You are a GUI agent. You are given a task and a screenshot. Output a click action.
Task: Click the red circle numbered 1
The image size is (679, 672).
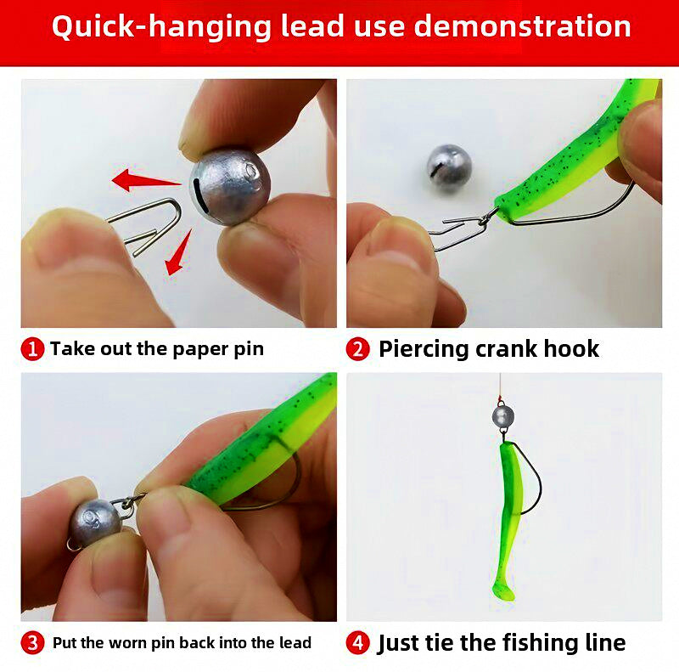tap(32, 349)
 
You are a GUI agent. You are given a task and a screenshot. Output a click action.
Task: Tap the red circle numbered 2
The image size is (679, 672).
tap(357, 349)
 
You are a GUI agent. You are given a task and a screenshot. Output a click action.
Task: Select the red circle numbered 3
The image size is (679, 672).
tap(32, 643)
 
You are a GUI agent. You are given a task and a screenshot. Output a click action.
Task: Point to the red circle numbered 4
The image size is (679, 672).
tap(357, 643)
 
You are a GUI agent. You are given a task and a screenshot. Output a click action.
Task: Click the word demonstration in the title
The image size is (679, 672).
tap(522, 26)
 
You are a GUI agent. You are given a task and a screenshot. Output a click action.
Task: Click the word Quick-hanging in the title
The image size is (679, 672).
tap(161, 28)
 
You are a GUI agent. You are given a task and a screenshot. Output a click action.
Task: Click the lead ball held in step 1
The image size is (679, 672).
tap(230, 185)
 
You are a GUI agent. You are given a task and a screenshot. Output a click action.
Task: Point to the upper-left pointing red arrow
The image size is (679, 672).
tap(145, 180)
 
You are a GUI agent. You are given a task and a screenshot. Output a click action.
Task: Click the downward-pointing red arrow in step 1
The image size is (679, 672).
tap(178, 253)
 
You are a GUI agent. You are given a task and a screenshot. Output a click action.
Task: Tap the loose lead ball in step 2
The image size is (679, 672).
tap(449, 167)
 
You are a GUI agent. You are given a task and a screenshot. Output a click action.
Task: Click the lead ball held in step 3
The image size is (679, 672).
tap(95, 522)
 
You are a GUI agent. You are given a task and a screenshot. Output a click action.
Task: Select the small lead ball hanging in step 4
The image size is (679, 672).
tap(502, 416)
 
